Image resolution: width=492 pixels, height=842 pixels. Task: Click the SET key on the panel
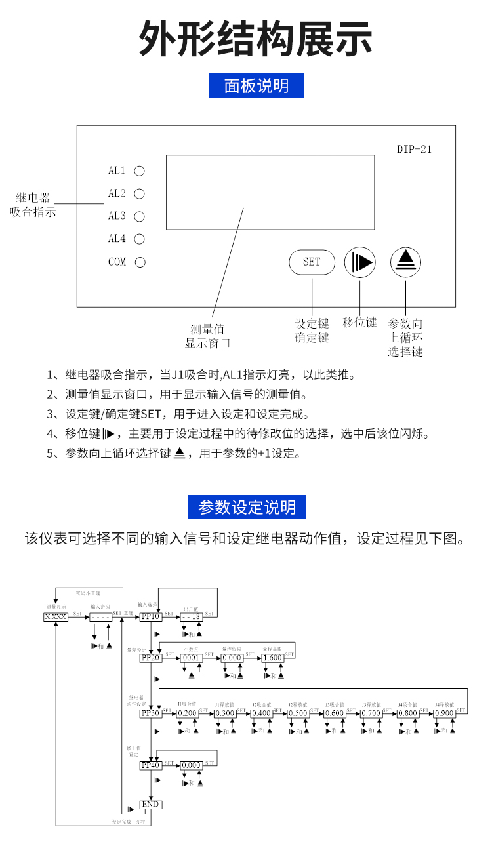pyautogui.click(x=312, y=262)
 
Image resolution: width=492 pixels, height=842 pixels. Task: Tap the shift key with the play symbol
pyautogui.click(x=359, y=262)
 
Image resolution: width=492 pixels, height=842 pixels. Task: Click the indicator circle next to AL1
pyautogui.click(x=139, y=171)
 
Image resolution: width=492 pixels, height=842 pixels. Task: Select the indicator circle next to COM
pyautogui.click(x=139, y=262)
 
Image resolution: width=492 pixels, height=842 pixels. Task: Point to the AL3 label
pyautogui.click(x=117, y=216)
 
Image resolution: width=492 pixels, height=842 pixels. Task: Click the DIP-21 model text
pyautogui.click(x=415, y=149)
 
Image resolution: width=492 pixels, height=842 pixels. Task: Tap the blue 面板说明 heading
pyautogui.click(x=256, y=86)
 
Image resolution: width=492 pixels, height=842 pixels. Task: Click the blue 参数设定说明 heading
pyautogui.click(x=247, y=507)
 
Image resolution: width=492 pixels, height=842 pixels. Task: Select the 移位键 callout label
pyautogui.click(x=359, y=322)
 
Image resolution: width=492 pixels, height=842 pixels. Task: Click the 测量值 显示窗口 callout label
pyautogui.click(x=208, y=336)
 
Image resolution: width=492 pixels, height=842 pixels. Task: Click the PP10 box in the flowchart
pyautogui.click(x=151, y=617)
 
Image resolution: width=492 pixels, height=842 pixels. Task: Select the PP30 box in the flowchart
pyautogui.click(x=151, y=713)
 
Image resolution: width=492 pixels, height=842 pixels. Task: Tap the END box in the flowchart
pyautogui.click(x=150, y=804)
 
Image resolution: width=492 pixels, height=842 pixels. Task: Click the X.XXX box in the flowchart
pyautogui.click(x=56, y=617)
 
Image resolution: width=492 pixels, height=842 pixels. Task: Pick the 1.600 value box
pyautogui.click(x=273, y=658)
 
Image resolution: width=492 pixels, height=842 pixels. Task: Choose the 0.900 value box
pyautogui.click(x=445, y=713)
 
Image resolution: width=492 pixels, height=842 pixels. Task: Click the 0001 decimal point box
pyautogui.click(x=191, y=658)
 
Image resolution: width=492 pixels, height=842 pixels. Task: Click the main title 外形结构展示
pyautogui.click(x=256, y=39)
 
